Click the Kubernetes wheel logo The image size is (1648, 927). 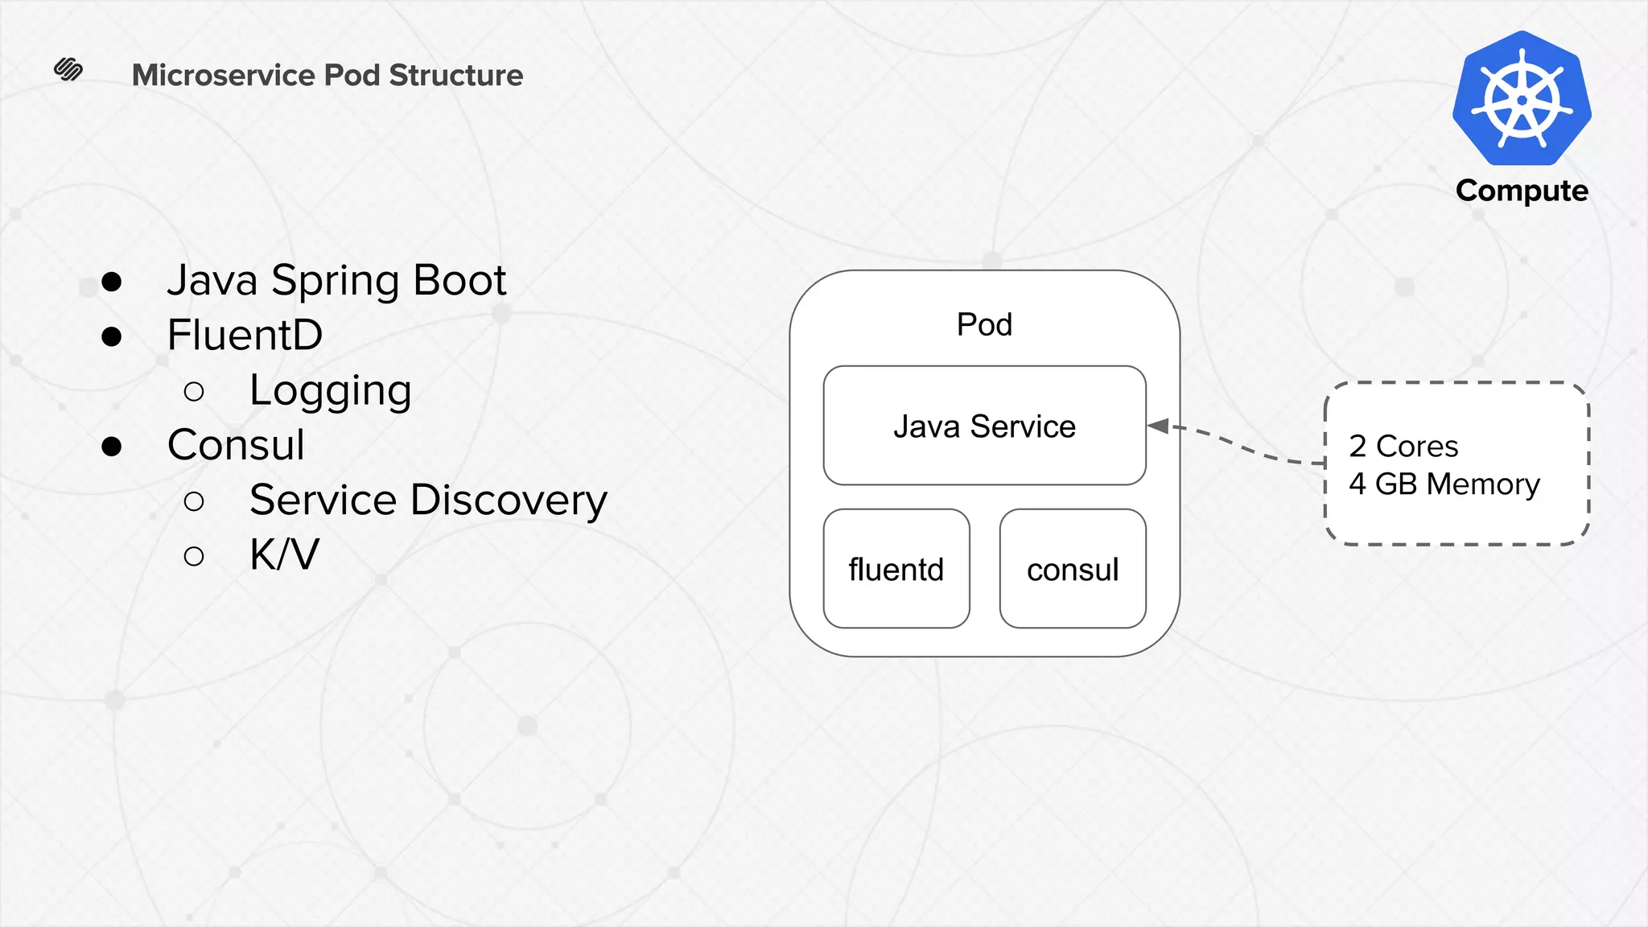click(1522, 99)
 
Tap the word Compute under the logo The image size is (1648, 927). click(1522, 191)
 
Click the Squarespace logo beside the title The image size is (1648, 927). click(68, 70)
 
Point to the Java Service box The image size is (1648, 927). click(984, 426)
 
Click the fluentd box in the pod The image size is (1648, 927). click(896, 569)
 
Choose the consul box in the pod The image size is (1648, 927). click(1073, 569)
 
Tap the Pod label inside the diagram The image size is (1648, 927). click(984, 324)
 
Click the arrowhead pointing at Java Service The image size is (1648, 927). click(1159, 426)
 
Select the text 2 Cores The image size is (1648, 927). click(1403, 446)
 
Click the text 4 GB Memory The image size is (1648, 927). click(1444, 484)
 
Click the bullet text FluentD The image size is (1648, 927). click(245, 335)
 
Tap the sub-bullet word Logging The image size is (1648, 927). click(331, 391)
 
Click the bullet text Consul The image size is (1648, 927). click(236, 445)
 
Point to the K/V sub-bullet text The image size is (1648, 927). click(284, 554)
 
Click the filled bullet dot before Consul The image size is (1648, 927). click(112, 447)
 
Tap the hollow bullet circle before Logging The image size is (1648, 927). click(194, 392)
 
